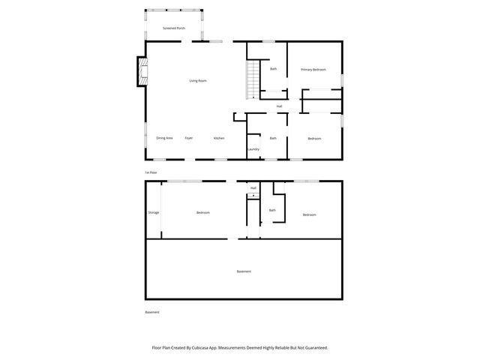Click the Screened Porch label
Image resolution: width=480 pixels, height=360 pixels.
(174, 28)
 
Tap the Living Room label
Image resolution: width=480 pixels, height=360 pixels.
(198, 80)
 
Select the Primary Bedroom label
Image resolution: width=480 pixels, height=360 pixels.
(313, 70)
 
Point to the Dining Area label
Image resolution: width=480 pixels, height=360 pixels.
(165, 138)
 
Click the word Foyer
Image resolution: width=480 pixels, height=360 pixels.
(189, 138)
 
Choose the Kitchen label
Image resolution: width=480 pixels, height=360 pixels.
(219, 138)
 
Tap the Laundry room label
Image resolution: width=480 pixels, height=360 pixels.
(253, 149)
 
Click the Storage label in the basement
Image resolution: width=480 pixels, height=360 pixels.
(153, 213)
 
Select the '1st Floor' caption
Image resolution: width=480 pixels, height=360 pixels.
(151, 172)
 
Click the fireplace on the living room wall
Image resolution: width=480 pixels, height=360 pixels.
(140, 71)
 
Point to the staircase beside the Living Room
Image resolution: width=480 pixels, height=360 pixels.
(253, 79)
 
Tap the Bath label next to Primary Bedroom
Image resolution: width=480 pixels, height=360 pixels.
(274, 70)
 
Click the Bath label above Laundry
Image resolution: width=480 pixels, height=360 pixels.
(273, 138)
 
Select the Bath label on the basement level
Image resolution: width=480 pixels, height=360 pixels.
(272, 210)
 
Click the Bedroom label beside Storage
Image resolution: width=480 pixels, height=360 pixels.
(202, 213)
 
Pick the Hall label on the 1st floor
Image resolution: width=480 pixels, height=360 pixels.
(279, 106)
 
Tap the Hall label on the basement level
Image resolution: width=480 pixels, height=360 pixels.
(253, 187)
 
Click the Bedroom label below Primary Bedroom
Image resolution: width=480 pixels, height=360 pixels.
(314, 139)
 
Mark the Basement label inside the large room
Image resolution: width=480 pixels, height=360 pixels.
(244, 271)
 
